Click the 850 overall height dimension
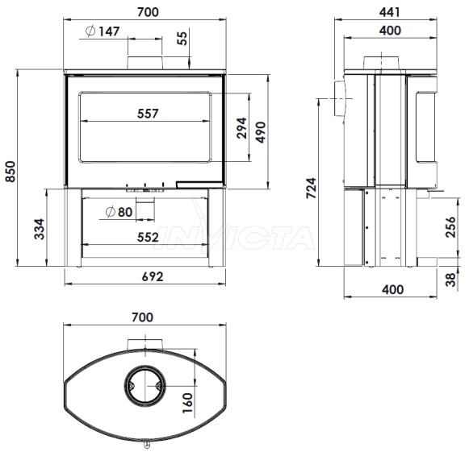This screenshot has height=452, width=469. click(x=10, y=172)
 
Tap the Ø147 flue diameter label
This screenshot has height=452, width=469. click(x=103, y=31)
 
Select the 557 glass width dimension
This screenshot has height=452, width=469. click(x=148, y=114)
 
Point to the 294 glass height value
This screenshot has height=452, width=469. click(x=241, y=128)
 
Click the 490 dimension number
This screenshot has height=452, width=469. click(x=261, y=132)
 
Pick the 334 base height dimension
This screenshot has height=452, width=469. click(x=40, y=229)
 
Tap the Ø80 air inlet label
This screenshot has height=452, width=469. click(x=119, y=212)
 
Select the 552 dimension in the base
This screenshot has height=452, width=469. click(x=148, y=238)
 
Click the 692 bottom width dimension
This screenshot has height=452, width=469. click(x=153, y=276)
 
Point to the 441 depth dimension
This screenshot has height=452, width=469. click(x=390, y=12)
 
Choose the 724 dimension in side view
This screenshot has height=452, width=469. click(x=311, y=188)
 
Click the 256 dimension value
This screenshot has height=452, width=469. click(x=450, y=227)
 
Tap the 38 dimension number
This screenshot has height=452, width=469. click(x=450, y=280)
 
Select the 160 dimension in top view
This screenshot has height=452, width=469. click(x=187, y=403)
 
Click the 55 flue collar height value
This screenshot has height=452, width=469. click(x=182, y=38)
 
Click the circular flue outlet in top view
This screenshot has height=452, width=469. click(x=144, y=386)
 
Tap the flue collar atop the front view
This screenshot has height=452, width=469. click(x=145, y=62)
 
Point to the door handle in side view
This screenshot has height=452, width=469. click(x=340, y=98)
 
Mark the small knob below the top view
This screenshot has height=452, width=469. click(x=147, y=445)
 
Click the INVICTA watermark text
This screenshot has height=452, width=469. click(x=237, y=238)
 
